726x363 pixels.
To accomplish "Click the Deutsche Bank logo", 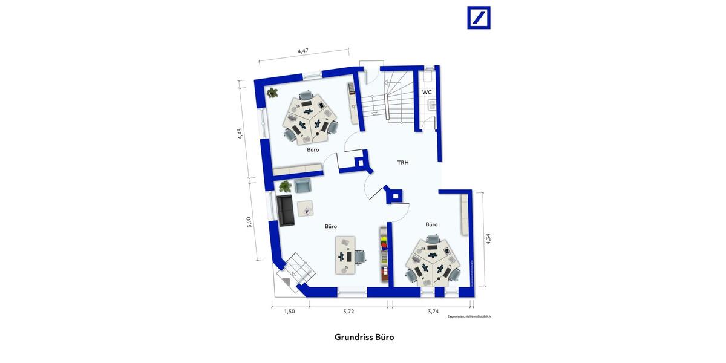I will point(479,18).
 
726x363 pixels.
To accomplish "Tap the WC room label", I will point(427,92).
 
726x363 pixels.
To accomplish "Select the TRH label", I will point(403,162).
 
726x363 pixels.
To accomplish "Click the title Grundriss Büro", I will point(364,337).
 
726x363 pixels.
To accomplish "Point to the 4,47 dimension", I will point(303,51).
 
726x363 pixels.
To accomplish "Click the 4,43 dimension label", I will point(240,134).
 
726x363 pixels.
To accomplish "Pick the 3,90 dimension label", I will point(249,222).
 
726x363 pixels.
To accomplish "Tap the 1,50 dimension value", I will point(290,312).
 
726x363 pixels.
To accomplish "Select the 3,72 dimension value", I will point(348,312).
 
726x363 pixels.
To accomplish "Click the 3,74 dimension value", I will point(433,312).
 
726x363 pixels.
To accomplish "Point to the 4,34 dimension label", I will point(488,239).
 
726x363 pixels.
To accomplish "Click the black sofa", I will point(285,210).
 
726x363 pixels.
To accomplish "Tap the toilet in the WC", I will point(428,77).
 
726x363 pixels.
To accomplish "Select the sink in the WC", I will point(432,105).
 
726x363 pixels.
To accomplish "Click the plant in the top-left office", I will point(273,93).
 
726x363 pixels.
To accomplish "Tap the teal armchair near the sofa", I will point(302,186).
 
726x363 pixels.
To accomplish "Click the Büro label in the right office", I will point(431,224).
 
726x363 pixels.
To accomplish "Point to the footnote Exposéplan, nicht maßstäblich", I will point(469,316).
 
